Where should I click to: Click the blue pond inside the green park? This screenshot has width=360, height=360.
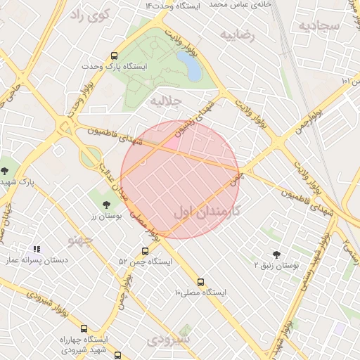190,65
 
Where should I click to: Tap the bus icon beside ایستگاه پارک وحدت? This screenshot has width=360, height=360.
115,56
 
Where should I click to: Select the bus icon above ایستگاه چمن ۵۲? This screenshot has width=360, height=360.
145,251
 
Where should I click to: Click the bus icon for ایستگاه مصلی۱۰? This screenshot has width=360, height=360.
201,283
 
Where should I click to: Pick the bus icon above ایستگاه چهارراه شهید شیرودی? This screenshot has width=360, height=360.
84,328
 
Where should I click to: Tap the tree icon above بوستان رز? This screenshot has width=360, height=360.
106,205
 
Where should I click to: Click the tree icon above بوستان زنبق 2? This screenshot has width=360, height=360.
276,255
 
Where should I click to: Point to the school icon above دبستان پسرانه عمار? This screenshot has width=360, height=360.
37,249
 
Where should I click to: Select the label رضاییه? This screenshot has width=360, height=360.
236,34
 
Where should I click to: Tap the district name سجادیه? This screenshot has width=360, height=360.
319,26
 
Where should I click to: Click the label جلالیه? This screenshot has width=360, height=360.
167,101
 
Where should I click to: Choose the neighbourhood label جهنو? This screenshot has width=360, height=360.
80,239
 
